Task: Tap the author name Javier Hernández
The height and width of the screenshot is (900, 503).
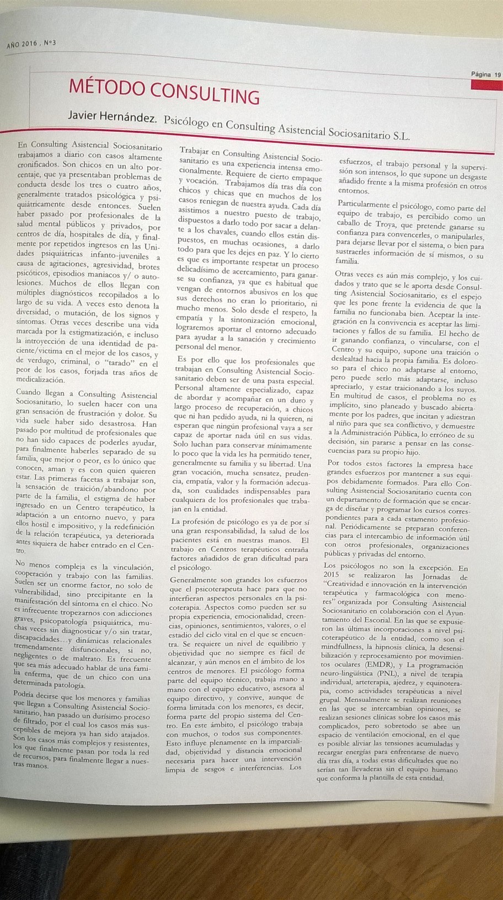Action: (x=113, y=117)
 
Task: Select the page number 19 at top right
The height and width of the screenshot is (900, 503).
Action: (x=497, y=75)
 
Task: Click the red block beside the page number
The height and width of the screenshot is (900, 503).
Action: (x=486, y=84)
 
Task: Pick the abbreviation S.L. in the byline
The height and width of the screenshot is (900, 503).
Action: (x=400, y=136)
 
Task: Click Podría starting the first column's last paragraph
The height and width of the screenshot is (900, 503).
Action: (x=24, y=695)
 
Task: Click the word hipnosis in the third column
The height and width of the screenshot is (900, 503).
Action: (x=402, y=648)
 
